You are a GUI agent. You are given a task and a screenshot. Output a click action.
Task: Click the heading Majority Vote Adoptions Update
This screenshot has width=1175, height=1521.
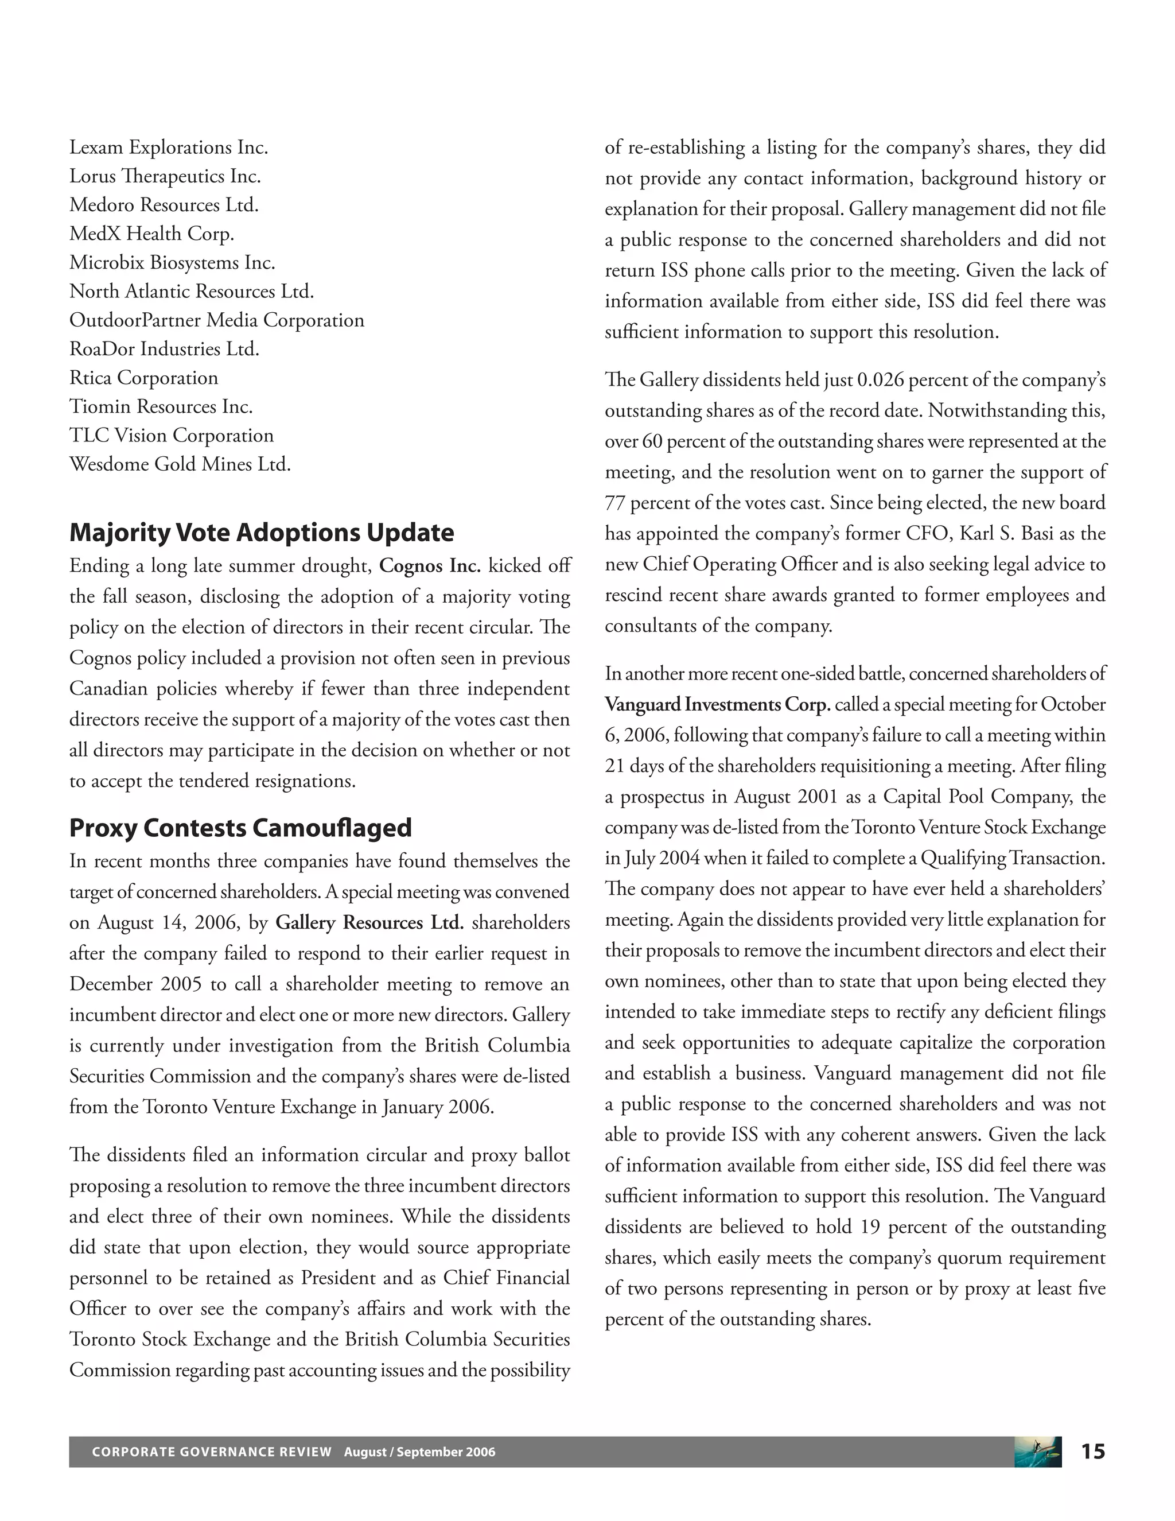261,533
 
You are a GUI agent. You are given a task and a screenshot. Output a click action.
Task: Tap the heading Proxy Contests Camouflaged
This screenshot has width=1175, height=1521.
240,828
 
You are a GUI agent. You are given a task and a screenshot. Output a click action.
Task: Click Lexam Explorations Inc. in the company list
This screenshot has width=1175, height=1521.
169,148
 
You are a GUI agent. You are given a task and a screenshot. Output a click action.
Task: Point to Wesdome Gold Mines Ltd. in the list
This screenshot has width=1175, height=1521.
180,464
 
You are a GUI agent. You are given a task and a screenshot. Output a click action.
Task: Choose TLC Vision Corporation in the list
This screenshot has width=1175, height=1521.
171,435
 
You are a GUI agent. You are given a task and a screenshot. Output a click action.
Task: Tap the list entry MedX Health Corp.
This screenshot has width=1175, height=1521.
151,234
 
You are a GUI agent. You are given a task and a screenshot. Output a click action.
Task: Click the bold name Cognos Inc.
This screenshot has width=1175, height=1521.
430,565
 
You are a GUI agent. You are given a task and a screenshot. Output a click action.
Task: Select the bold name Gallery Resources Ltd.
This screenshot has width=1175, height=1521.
369,923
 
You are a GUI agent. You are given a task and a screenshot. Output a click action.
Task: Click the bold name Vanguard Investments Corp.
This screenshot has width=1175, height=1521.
717,705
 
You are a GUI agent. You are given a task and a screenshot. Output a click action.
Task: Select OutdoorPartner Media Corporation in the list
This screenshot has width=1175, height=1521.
216,320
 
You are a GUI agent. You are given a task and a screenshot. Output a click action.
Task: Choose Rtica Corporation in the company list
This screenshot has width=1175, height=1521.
143,378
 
